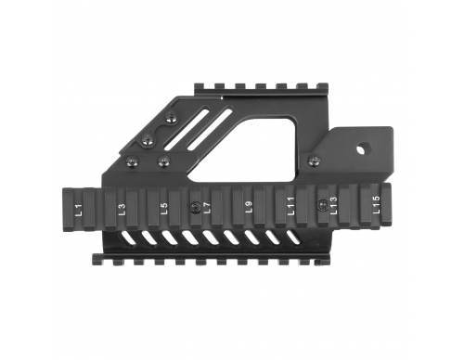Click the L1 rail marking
click(79, 210)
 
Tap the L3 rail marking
click(122, 209)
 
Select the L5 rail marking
click(164, 208)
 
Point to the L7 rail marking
click(207, 207)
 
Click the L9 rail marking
click(249, 206)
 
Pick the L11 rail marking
click(291, 206)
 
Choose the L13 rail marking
click(333, 205)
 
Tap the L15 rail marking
click(376, 204)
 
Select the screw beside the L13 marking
click(322, 204)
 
